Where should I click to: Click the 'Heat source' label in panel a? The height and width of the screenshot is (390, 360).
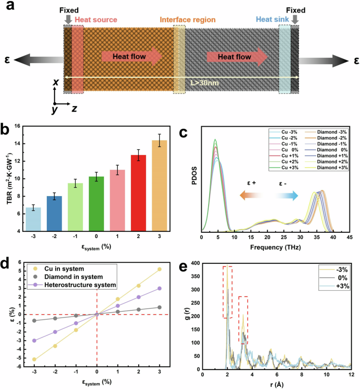(96, 20)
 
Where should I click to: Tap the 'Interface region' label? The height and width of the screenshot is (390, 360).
(186, 20)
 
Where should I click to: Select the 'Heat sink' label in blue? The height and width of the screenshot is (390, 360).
(271, 20)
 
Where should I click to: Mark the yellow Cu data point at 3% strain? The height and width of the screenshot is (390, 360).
(159, 269)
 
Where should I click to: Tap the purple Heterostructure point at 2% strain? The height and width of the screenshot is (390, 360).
(138, 297)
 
